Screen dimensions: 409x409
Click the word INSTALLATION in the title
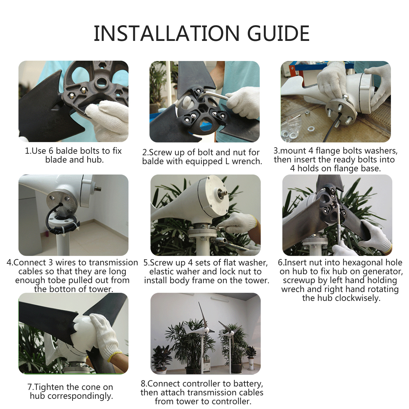[167, 33]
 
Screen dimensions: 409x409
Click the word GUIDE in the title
[278, 33]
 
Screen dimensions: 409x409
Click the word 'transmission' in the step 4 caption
[113, 262]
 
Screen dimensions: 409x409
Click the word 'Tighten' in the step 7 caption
[49, 387]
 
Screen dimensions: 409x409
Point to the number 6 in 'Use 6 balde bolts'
[51, 151]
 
